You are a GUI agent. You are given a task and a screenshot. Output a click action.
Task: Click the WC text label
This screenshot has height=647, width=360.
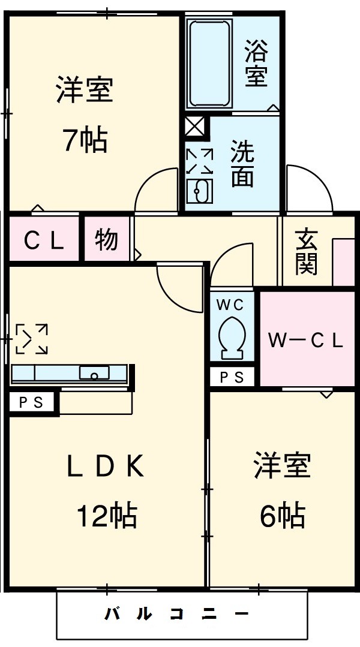point(231,305)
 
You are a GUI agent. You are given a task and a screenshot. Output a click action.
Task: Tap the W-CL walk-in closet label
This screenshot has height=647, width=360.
point(305,341)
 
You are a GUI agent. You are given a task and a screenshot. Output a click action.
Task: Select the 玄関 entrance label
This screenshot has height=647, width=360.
point(306,252)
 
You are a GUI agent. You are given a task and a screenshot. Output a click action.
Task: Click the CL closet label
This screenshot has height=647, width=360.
point(43,241)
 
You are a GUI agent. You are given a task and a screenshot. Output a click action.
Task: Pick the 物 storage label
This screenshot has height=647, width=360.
point(106,240)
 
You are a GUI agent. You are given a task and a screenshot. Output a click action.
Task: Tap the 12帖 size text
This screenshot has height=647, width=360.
point(106,515)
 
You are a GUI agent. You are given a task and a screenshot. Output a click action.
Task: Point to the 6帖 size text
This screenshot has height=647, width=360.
point(282,515)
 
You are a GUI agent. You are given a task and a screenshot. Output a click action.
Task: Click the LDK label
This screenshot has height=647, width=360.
point(106,467)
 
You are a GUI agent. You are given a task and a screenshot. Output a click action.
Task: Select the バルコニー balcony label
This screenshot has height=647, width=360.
point(178,615)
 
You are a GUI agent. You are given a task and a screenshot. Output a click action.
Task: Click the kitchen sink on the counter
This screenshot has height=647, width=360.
point(95,374)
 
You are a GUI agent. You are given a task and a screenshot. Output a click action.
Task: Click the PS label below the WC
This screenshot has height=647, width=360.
point(232,377)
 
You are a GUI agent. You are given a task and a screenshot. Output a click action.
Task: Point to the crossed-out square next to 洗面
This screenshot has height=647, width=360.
point(195,127)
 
